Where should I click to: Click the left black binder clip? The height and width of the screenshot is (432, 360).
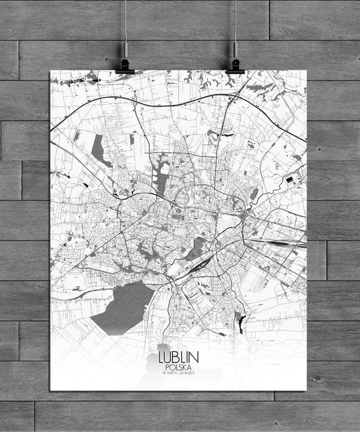pos(125,65)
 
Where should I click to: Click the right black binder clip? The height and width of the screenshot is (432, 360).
pos(235,65)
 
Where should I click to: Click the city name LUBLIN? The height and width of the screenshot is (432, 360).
pos(178,357)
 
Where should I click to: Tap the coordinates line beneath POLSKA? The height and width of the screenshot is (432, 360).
pos(178,373)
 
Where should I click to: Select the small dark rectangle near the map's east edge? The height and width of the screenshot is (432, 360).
pos(291,179)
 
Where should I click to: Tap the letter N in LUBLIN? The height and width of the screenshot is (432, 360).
pos(193,357)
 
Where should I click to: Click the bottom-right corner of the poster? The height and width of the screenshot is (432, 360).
pos(306,391)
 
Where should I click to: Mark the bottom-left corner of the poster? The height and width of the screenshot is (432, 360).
pos(50,391)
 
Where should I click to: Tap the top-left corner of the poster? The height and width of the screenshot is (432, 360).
pos(50,70)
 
